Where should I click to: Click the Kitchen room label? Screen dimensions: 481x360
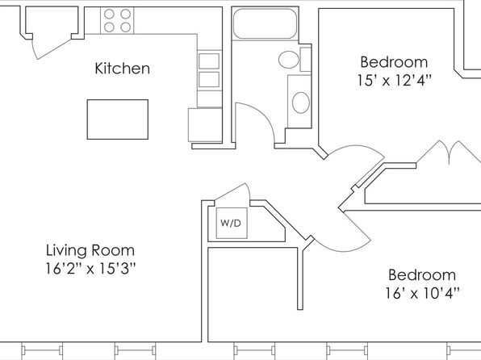[x=123, y=68]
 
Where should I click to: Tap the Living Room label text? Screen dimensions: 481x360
[x=90, y=250]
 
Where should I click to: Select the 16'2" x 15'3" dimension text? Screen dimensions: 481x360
[x=90, y=269]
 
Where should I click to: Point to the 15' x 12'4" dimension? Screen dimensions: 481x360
[x=394, y=81]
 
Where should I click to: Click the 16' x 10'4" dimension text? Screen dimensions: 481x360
[x=422, y=293]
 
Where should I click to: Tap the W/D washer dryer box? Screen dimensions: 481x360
[x=232, y=223]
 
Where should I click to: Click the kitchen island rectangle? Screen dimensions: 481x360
[x=118, y=119]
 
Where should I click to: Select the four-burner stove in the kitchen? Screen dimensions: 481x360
[x=117, y=20]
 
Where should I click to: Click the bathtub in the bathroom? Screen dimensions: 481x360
[x=265, y=23]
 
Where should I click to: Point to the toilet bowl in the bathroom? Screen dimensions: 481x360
[x=289, y=60]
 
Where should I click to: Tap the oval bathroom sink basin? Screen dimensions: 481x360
[x=300, y=103]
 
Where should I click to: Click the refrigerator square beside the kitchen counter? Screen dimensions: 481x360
[x=205, y=124]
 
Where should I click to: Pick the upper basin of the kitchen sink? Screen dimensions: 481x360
[x=209, y=61]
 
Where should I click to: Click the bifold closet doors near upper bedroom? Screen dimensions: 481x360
[x=449, y=152]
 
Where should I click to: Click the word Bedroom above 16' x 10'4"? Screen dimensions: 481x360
[x=422, y=274]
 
